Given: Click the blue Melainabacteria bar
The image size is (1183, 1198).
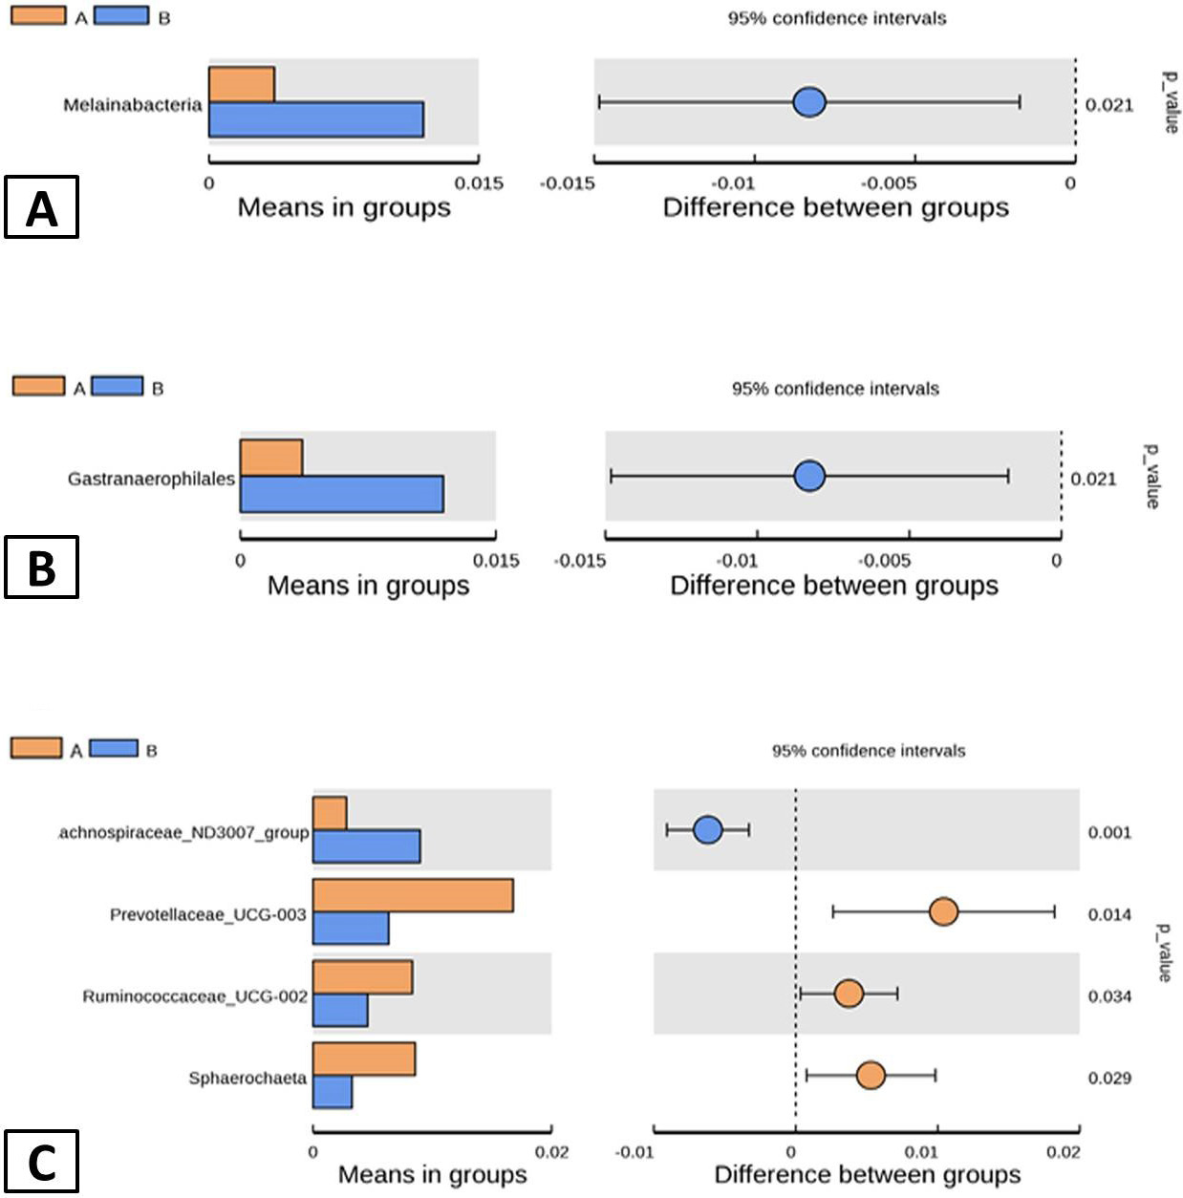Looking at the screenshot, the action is coord(316,119).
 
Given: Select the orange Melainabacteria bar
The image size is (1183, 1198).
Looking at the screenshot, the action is coord(242,85).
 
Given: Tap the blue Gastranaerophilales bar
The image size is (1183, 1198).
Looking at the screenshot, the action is coord(342,494).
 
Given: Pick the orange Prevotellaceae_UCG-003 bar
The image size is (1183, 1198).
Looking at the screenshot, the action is coord(413,895).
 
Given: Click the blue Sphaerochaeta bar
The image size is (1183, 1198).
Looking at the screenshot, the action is coord(333,1092).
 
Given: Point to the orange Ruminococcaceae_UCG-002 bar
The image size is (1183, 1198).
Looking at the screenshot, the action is coord(362,977).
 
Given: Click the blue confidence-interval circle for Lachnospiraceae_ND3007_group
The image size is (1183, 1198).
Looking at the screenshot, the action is coord(708,829).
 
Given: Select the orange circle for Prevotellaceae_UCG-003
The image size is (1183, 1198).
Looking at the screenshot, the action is coord(943,912).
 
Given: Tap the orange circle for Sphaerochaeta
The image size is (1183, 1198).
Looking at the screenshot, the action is coord(871,1076).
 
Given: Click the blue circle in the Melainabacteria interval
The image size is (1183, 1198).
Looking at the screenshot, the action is coord(809,102).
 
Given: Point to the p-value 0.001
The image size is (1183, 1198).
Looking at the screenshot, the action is coord(1109,832).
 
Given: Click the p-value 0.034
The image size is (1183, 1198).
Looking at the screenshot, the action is coord(1109,996).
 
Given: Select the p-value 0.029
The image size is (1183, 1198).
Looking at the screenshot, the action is coord(1109,1078).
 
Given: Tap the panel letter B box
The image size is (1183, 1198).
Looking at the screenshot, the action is coord(42,567).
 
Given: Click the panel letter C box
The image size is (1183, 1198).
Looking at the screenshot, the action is coord(42,1162).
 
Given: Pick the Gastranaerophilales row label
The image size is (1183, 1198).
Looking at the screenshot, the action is coord(151,479).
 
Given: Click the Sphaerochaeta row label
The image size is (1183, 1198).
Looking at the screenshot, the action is coord(247,1078).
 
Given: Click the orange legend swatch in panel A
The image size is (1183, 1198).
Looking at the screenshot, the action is coord(38,15).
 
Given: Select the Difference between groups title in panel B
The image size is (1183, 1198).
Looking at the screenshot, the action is coord(834,586).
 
